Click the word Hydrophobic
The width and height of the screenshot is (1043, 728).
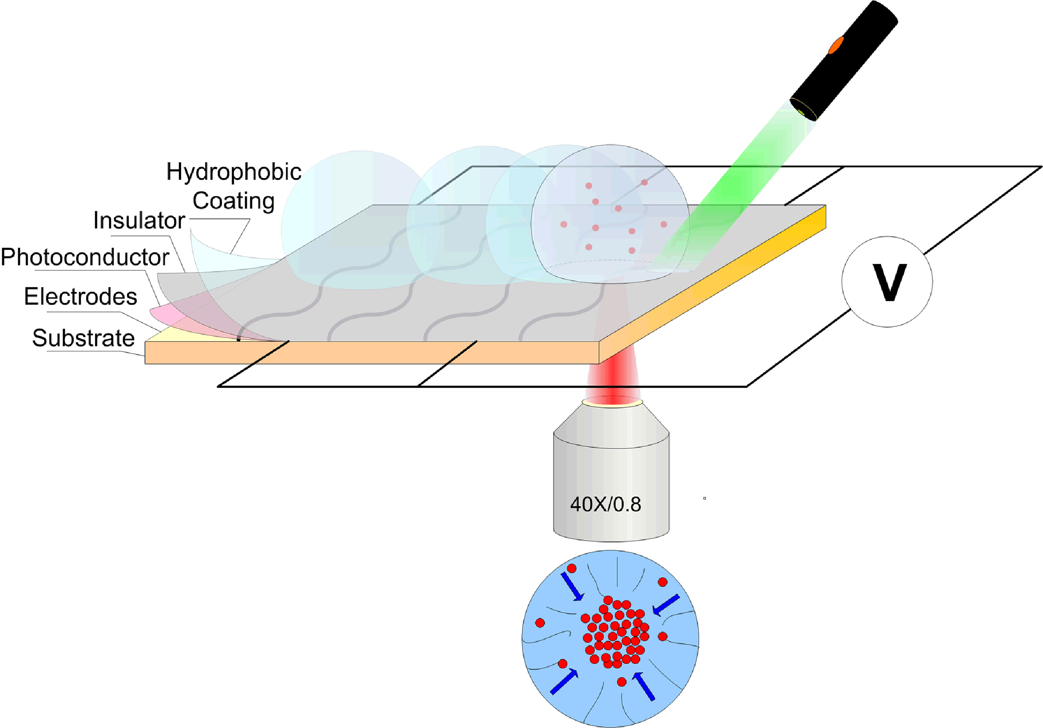233,172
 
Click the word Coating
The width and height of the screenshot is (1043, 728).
233,201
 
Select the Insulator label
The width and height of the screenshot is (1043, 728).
139,221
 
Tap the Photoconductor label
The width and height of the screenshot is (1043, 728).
85,257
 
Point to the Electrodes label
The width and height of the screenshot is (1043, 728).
80,297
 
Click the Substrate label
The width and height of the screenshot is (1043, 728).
83,338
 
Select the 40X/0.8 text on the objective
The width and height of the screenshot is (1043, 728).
605,505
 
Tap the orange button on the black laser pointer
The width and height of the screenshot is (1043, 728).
836,46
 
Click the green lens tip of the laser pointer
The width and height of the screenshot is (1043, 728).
802,111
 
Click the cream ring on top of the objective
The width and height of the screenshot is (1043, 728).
612,401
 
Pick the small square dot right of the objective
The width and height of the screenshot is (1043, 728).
704,499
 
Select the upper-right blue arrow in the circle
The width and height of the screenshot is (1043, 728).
665,605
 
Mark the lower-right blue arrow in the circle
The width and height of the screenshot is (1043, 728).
644,686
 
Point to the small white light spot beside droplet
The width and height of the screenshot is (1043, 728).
668,270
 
